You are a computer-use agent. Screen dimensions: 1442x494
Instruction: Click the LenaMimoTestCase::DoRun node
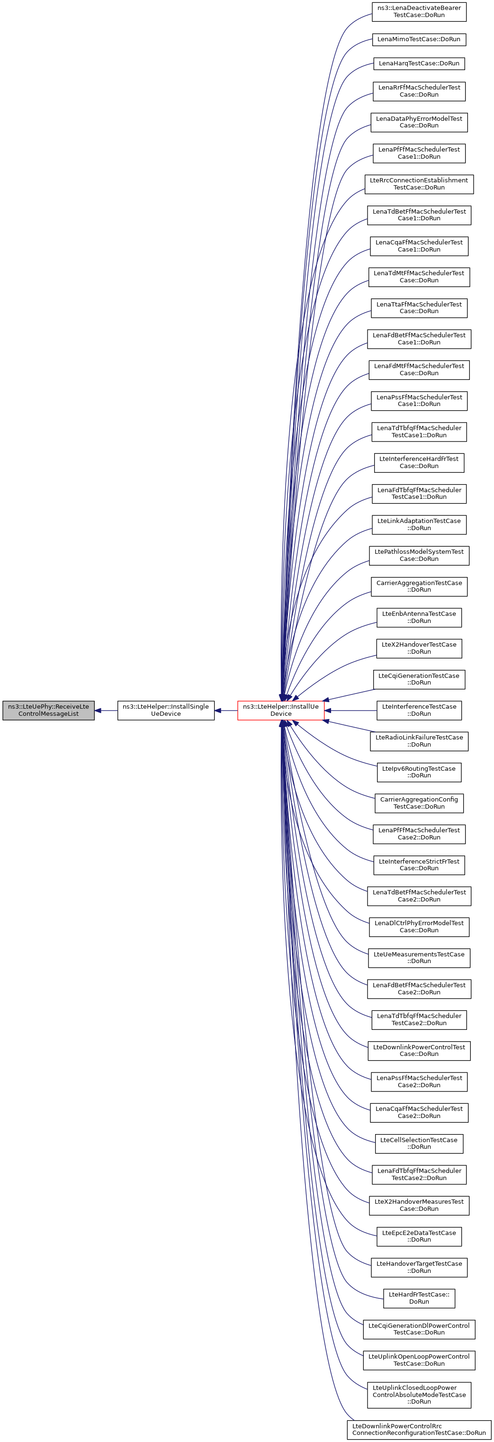pyautogui.click(x=419, y=39)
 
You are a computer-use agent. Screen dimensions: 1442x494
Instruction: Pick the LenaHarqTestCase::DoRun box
pyautogui.click(x=419, y=63)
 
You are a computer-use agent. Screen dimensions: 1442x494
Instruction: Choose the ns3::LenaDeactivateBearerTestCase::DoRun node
pyautogui.click(x=419, y=11)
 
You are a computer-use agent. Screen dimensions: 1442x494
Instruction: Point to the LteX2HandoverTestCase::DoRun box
pyautogui.click(x=419, y=648)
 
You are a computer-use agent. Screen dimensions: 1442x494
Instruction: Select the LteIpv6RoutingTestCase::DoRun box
pyautogui.click(x=419, y=772)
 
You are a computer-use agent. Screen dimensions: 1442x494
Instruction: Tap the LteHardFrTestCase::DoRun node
pyautogui.click(x=419, y=1298)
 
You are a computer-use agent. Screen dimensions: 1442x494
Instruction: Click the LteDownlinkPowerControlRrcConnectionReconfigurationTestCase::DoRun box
pyautogui.click(x=419, y=1429)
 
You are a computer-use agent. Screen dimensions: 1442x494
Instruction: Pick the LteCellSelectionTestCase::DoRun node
pyautogui.click(x=419, y=1143)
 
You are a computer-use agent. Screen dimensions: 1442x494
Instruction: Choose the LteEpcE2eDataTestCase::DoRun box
pyautogui.click(x=419, y=1236)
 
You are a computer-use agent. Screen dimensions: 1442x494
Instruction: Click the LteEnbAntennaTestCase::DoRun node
pyautogui.click(x=419, y=617)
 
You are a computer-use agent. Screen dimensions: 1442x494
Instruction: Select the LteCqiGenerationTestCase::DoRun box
pyautogui.click(x=419, y=679)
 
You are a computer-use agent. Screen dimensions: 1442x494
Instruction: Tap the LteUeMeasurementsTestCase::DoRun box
pyautogui.click(x=419, y=957)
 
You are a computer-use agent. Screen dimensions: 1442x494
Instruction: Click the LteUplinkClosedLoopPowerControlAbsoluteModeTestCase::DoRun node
pyautogui.click(x=419, y=1395)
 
